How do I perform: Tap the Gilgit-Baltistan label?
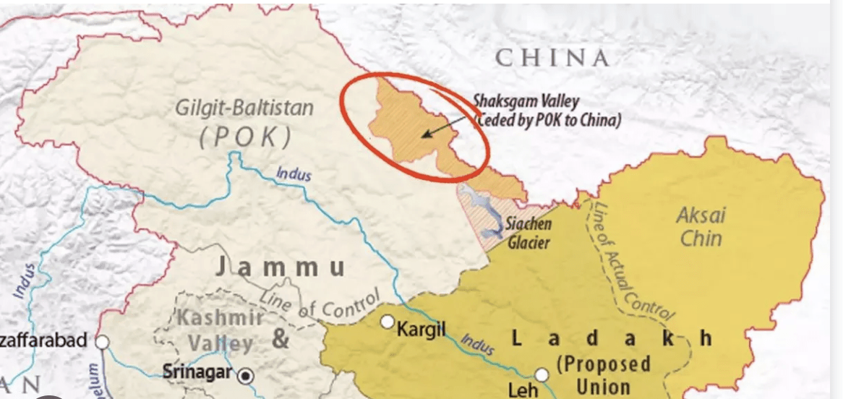(245, 108)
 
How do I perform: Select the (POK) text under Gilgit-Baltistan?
(245, 137)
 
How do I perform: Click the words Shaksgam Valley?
(526, 101)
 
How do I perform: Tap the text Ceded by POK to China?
(547, 120)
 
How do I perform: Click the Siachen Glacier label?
(529, 233)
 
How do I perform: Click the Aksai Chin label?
(701, 226)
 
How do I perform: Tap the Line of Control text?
(320, 304)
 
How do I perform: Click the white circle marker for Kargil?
(388, 321)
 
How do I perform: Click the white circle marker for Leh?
(542, 374)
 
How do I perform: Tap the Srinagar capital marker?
(246, 375)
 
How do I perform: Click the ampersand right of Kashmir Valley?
(280, 339)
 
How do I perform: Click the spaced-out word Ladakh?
(611, 338)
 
